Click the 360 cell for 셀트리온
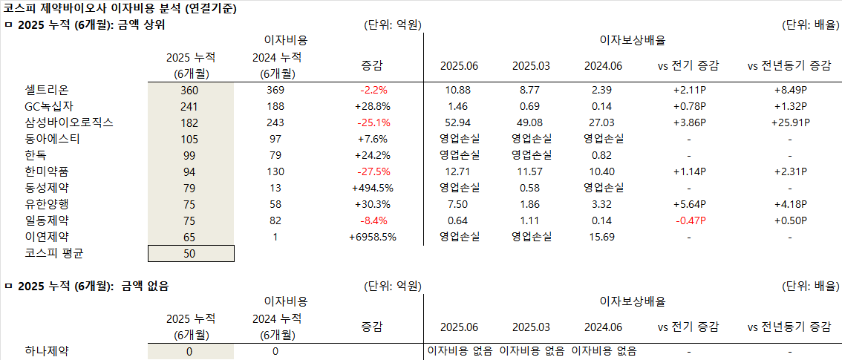(x=190, y=90)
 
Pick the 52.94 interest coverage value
(x=459, y=122)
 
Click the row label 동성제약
(x=45, y=188)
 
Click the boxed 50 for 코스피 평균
(x=191, y=254)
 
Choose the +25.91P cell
(x=789, y=122)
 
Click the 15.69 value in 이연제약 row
(x=604, y=237)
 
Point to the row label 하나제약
(x=45, y=351)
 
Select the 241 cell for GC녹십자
(x=190, y=106)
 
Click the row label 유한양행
(x=45, y=204)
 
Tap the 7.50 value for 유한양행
(x=459, y=204)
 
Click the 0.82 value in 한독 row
(x=604, y=155)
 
